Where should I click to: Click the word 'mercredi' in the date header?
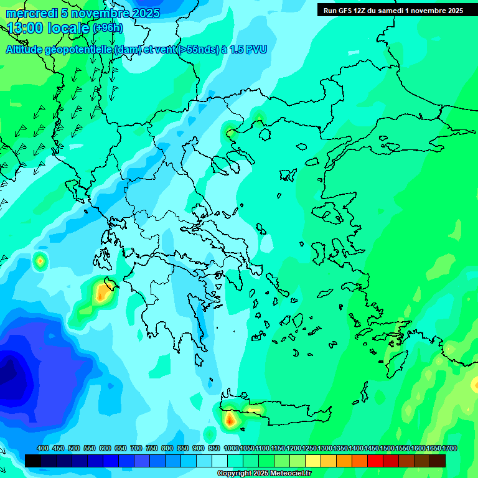32,13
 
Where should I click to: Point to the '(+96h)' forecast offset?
108,28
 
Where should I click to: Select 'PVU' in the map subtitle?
256,50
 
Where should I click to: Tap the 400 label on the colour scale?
43,449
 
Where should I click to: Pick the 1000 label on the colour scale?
232,449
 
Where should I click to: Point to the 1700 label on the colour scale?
449,449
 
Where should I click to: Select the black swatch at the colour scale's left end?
33,461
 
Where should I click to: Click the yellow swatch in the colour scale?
313,461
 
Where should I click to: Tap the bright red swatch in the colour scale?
375,461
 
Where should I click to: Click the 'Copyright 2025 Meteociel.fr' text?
264,473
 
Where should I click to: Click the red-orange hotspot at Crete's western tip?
230,420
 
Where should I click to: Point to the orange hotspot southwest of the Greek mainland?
101,293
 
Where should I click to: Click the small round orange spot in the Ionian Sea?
40,261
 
